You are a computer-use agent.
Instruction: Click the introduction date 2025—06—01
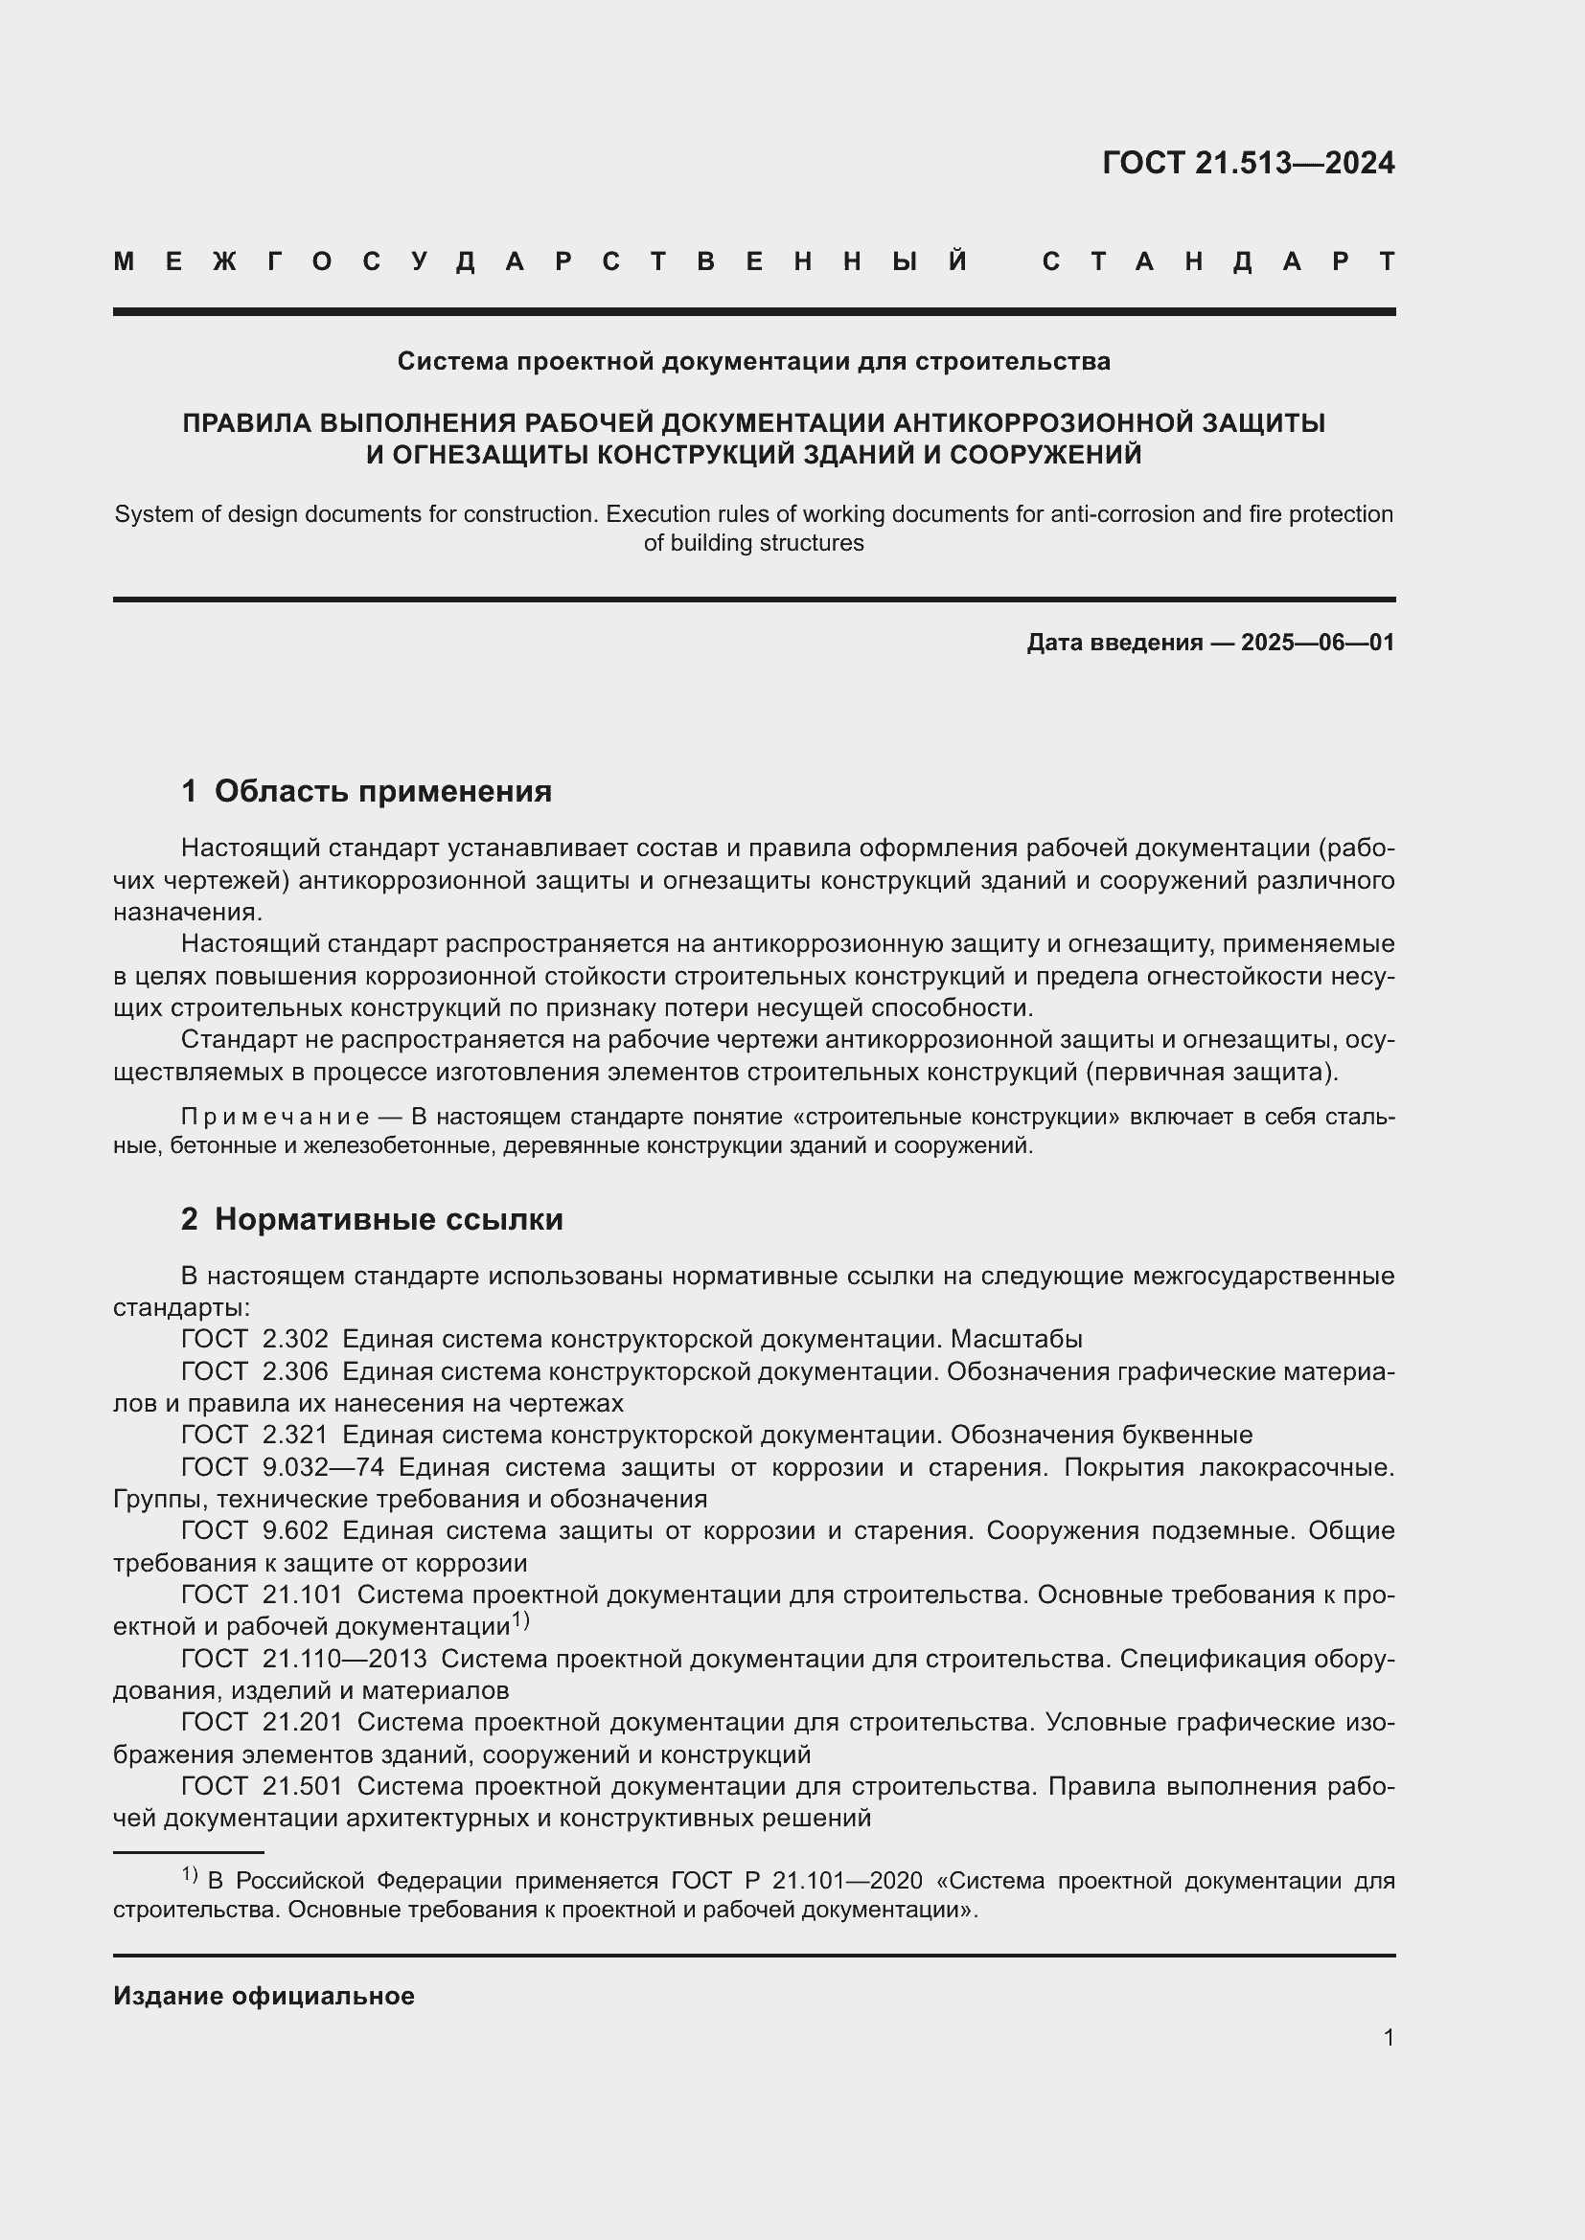pyautogui.click(x=1317, y=643)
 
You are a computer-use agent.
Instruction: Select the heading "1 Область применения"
pyautogui.click(x=366, y=791)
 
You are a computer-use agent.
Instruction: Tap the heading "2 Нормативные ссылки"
pyautogui.click(x=372, y=1219)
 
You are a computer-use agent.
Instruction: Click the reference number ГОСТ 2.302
pyautogui.click(x=255, y=1340)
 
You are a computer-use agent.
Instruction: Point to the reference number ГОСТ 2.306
pyautogui.click(x=255, y=1371)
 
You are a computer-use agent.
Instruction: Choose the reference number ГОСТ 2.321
pyautogui.click(x=255, y=1436)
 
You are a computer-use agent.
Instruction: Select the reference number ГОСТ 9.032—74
pyautogui.click(x=282, y=1467)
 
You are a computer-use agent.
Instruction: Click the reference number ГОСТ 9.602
pyautogui.click(x=255, y=1530)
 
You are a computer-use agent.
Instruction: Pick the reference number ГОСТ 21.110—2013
pyautogui.click(x=304, y=1659)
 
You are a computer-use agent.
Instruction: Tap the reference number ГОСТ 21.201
pyautogui.click(x=262, y=1722)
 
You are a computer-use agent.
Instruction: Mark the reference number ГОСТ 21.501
pyautogui.click(x=262, y=1786)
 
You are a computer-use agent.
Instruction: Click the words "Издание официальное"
pyautogui.click(x=264, y=1996)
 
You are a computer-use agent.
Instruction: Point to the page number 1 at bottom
pyautogui.click(x=1388, y=2037)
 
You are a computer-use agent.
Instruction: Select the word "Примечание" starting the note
pyautogui.click(x=275, y=1116)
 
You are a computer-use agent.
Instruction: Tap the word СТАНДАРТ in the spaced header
pyautogui.click(x=1219, y=261)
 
